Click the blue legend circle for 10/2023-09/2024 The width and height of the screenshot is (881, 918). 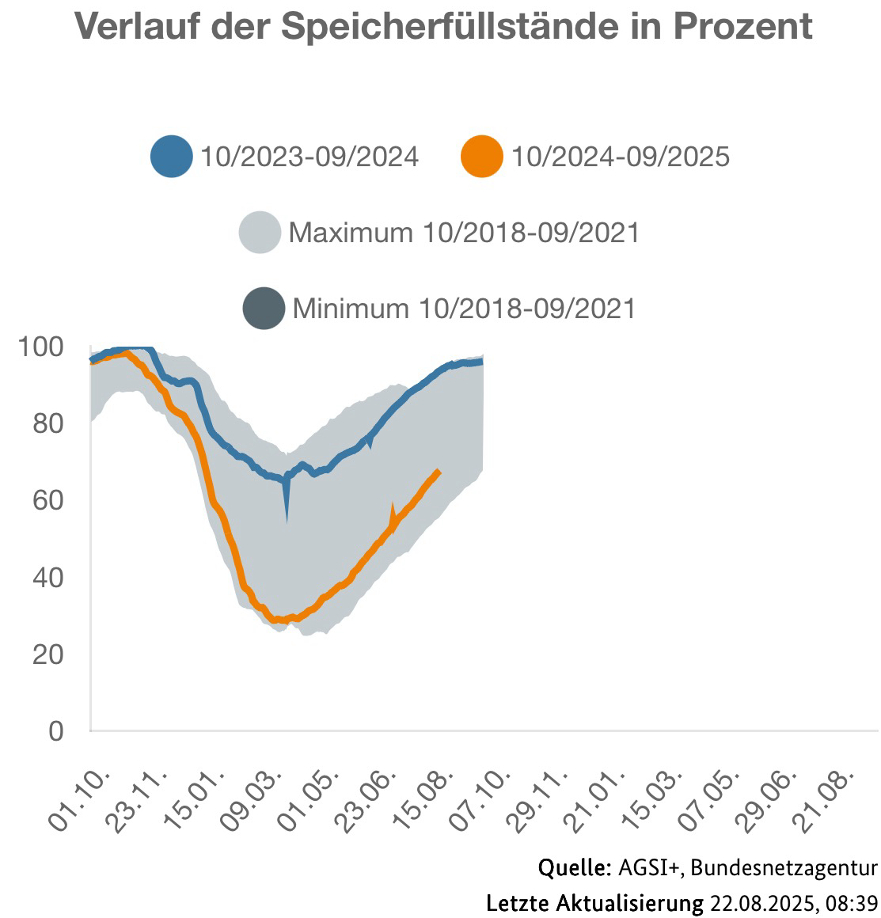coord(171,156)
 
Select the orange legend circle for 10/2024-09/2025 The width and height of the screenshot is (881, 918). coord(481,156)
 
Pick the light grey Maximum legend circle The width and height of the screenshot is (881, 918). coord(260,233)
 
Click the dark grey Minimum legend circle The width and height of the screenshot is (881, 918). coord(264,308)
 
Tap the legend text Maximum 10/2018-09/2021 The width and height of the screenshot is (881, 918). coord(463,233)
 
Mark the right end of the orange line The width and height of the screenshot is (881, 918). coord(439,472)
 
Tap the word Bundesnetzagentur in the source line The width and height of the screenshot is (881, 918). coord(784,868)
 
